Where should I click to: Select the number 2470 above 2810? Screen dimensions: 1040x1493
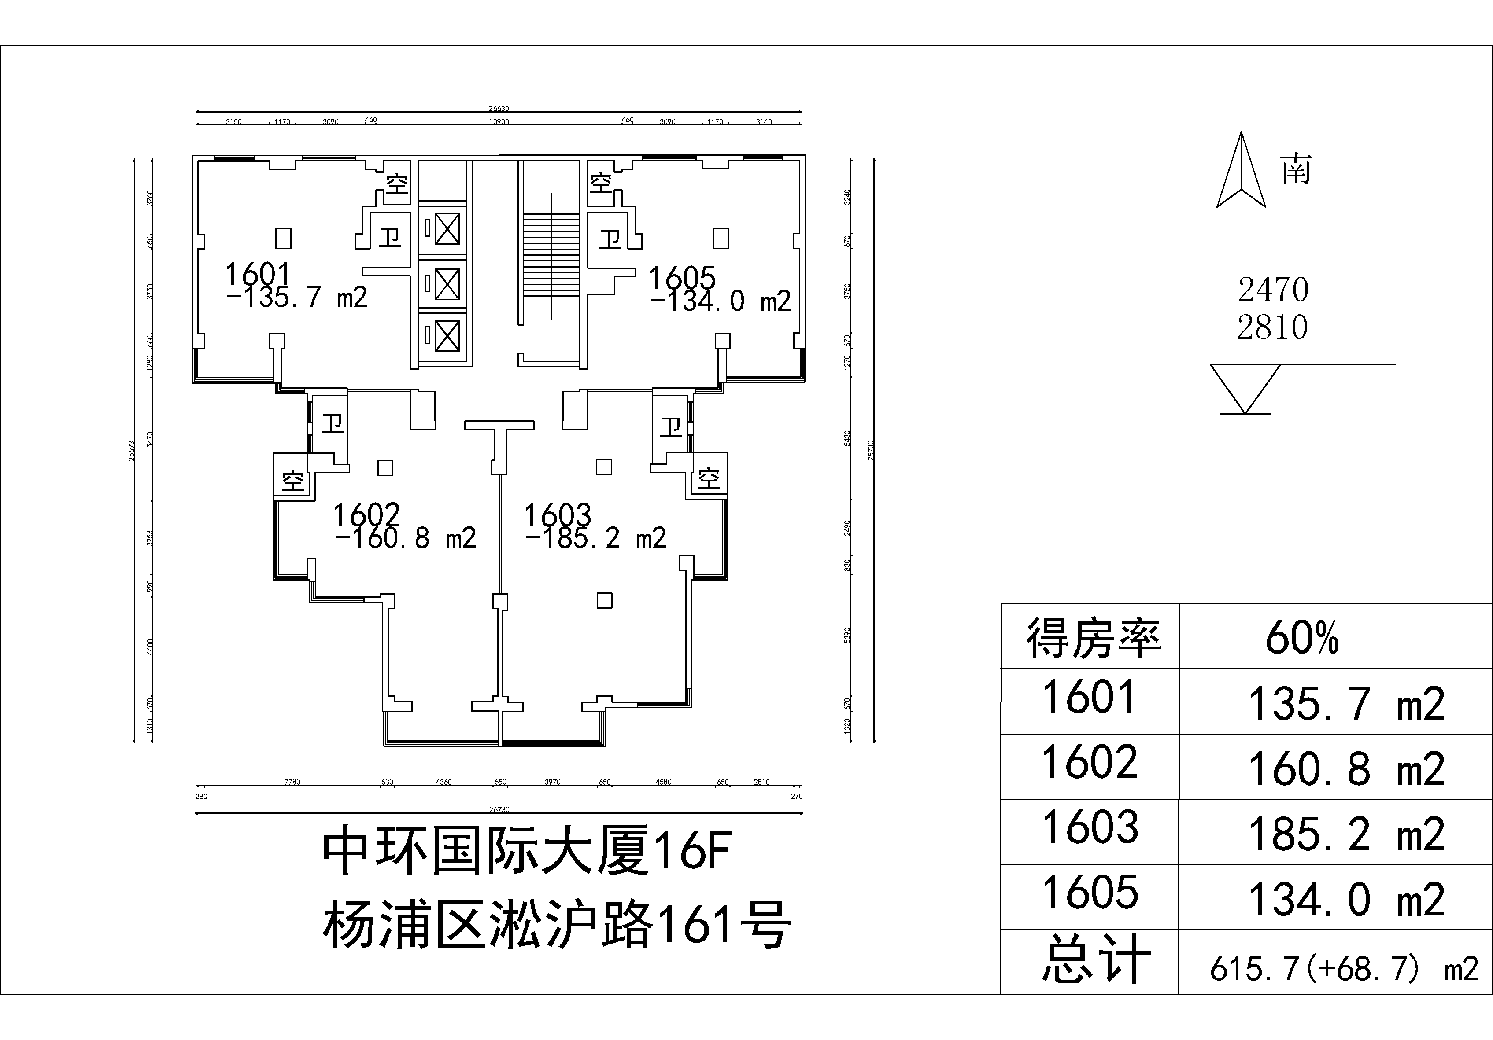pos(1272,290)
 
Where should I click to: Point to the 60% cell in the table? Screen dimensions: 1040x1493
pos(1302,638)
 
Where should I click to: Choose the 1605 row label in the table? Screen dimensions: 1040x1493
pos(1090,892)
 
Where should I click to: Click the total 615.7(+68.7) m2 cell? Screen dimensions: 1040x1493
pos(1343,969)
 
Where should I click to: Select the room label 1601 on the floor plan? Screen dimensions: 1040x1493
pos(258,275)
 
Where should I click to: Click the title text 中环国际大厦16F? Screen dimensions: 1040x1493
pos(527,850)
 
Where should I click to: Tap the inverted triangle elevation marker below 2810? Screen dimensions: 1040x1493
pos(1245,387)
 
